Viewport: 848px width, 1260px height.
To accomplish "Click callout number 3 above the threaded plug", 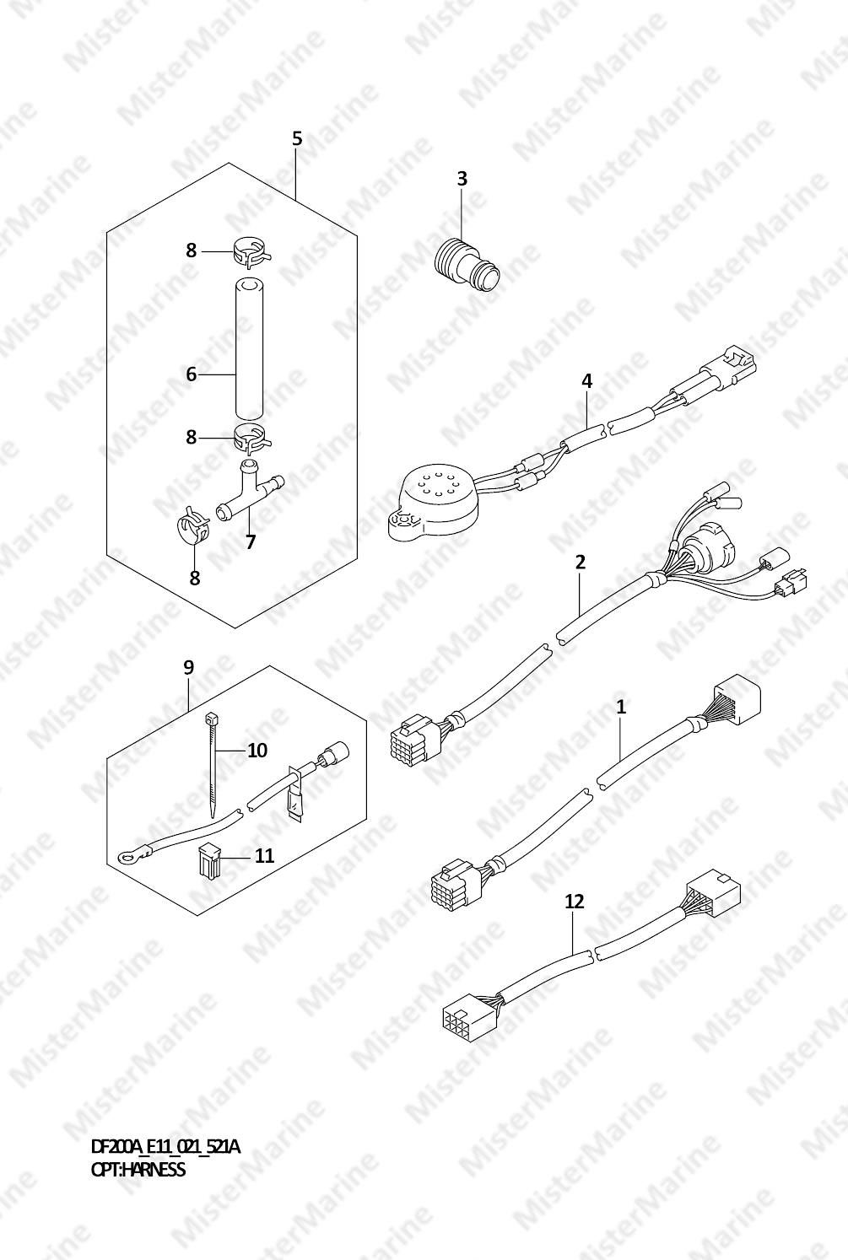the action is click(x=462, y=178).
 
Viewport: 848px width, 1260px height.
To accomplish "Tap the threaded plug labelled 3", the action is click(x=467, y=262).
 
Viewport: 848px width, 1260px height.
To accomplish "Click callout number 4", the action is click(x=587, y=381).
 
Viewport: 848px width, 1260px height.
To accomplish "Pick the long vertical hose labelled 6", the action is click(x=248, y=349).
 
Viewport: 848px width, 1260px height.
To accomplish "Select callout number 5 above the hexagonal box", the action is click(x=297, y=138).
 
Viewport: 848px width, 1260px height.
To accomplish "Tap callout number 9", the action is click(x=188, y=668).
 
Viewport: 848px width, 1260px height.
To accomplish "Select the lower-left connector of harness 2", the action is click(x=415, y=737).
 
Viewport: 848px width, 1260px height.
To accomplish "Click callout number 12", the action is click(x=574, y=902).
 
